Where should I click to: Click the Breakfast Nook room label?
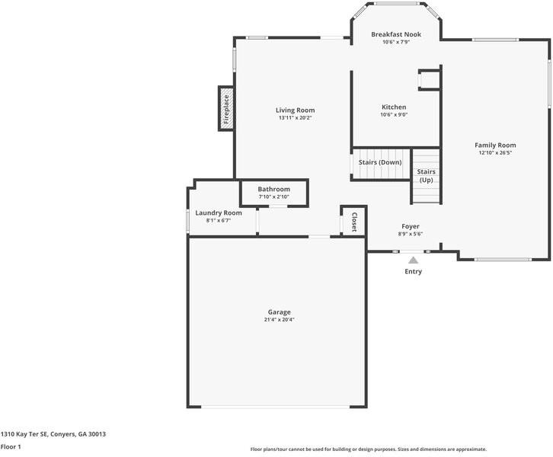(x=395, y=34)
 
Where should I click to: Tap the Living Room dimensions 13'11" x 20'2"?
(x=295, y=118)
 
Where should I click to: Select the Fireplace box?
(x=225, y=108)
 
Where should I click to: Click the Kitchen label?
(x=394, y=107)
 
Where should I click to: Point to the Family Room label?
(x=495, y=145)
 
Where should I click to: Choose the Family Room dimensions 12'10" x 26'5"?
(x=495, y=153)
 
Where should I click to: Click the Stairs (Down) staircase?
(x=379, y=163)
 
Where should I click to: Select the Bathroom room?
(x=273, y=192)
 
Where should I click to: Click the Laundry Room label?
(x=218, y=213)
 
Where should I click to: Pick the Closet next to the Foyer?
(x=353, y=221)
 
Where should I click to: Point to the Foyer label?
(x=410, y=226)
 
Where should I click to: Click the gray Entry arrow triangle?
(x=413, y=260)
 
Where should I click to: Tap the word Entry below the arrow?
(x=413, y=272)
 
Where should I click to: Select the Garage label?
(x=279, y=312)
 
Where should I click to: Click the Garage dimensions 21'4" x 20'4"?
(x=279, y=320)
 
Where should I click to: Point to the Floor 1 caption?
(x=11, y=447)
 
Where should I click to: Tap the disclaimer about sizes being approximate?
(x=368, y=449)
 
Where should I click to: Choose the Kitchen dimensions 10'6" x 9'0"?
(x=394, y=115)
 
